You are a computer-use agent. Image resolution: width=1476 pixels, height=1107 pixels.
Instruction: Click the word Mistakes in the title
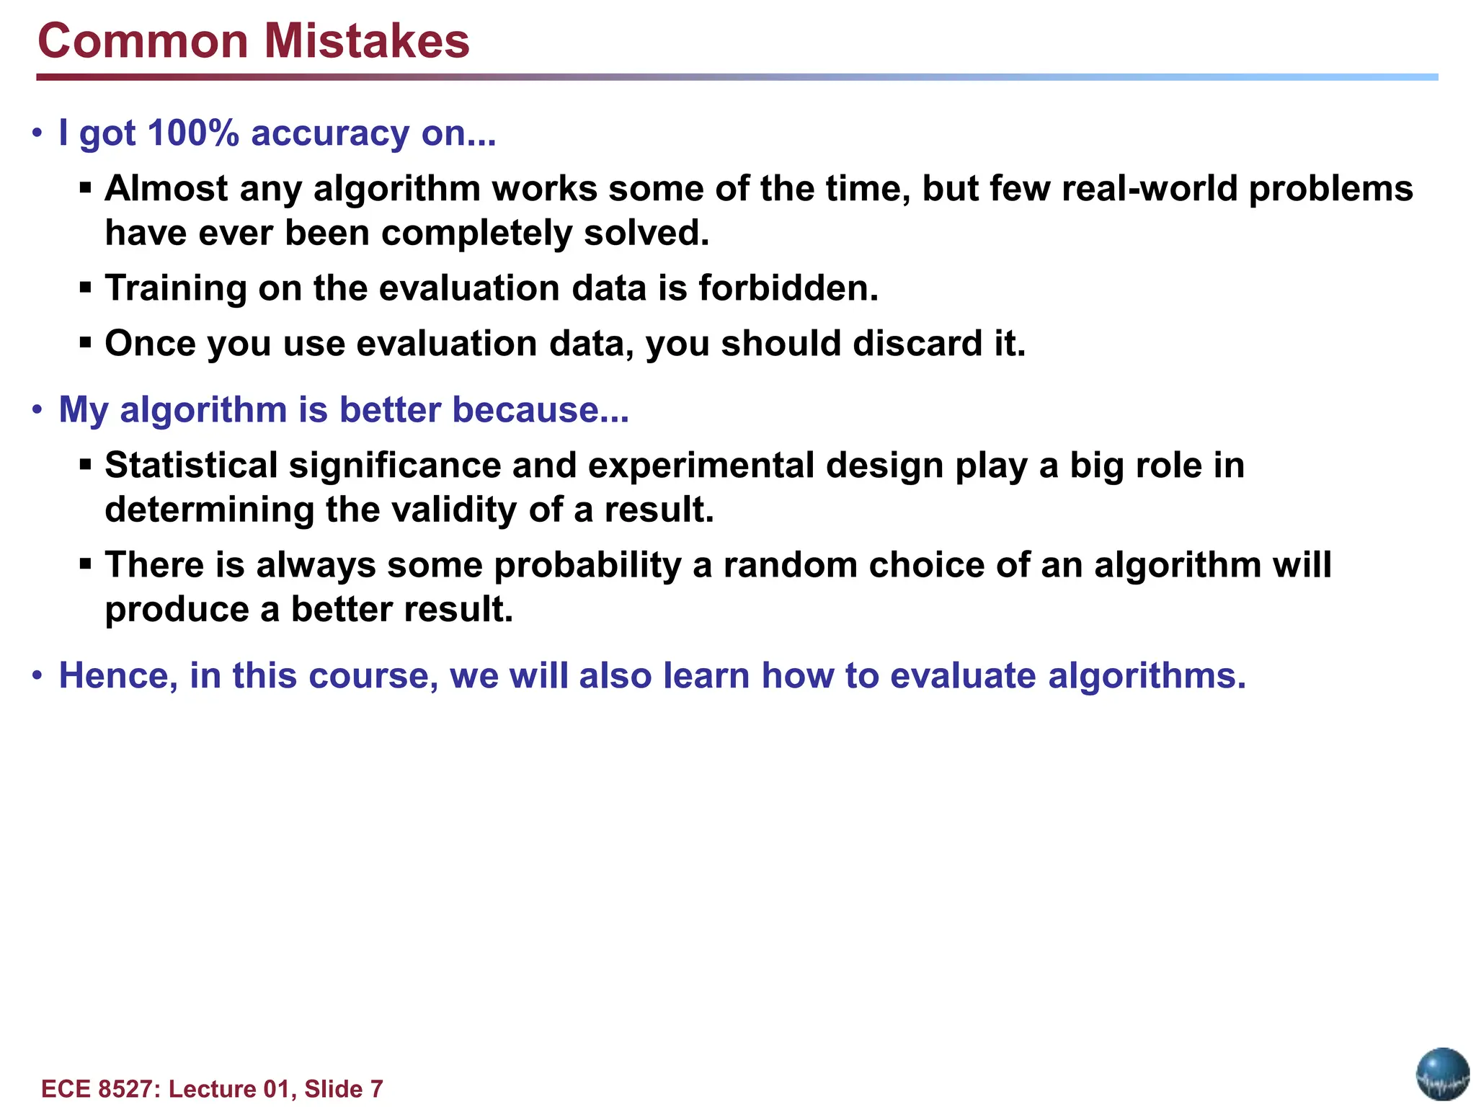pyautogui.click(x=367, y=41)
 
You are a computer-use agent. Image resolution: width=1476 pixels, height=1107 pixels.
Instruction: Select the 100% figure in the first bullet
pyautogui.click(x=192, y=133)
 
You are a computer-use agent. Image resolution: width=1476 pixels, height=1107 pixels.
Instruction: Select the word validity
pyautogui.click(x=454, y=510)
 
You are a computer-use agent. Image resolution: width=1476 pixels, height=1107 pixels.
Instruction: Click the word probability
pyautogui.click(x=587, y=565)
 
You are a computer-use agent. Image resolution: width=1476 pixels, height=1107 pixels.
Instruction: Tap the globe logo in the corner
pyautogui.click(x=1442, y=1074)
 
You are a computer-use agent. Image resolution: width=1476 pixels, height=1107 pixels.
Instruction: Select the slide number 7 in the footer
pyautogui.click(x=376, y=1089)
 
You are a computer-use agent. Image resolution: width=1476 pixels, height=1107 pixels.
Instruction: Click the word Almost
pyautogui.click(x=166, y=189)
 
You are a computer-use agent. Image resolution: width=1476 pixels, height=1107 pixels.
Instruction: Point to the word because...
pyautogui.click(x=541, y=410)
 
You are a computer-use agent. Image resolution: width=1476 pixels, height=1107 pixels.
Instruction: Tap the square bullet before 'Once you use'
pyautogui.click(x=86, y=342)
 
